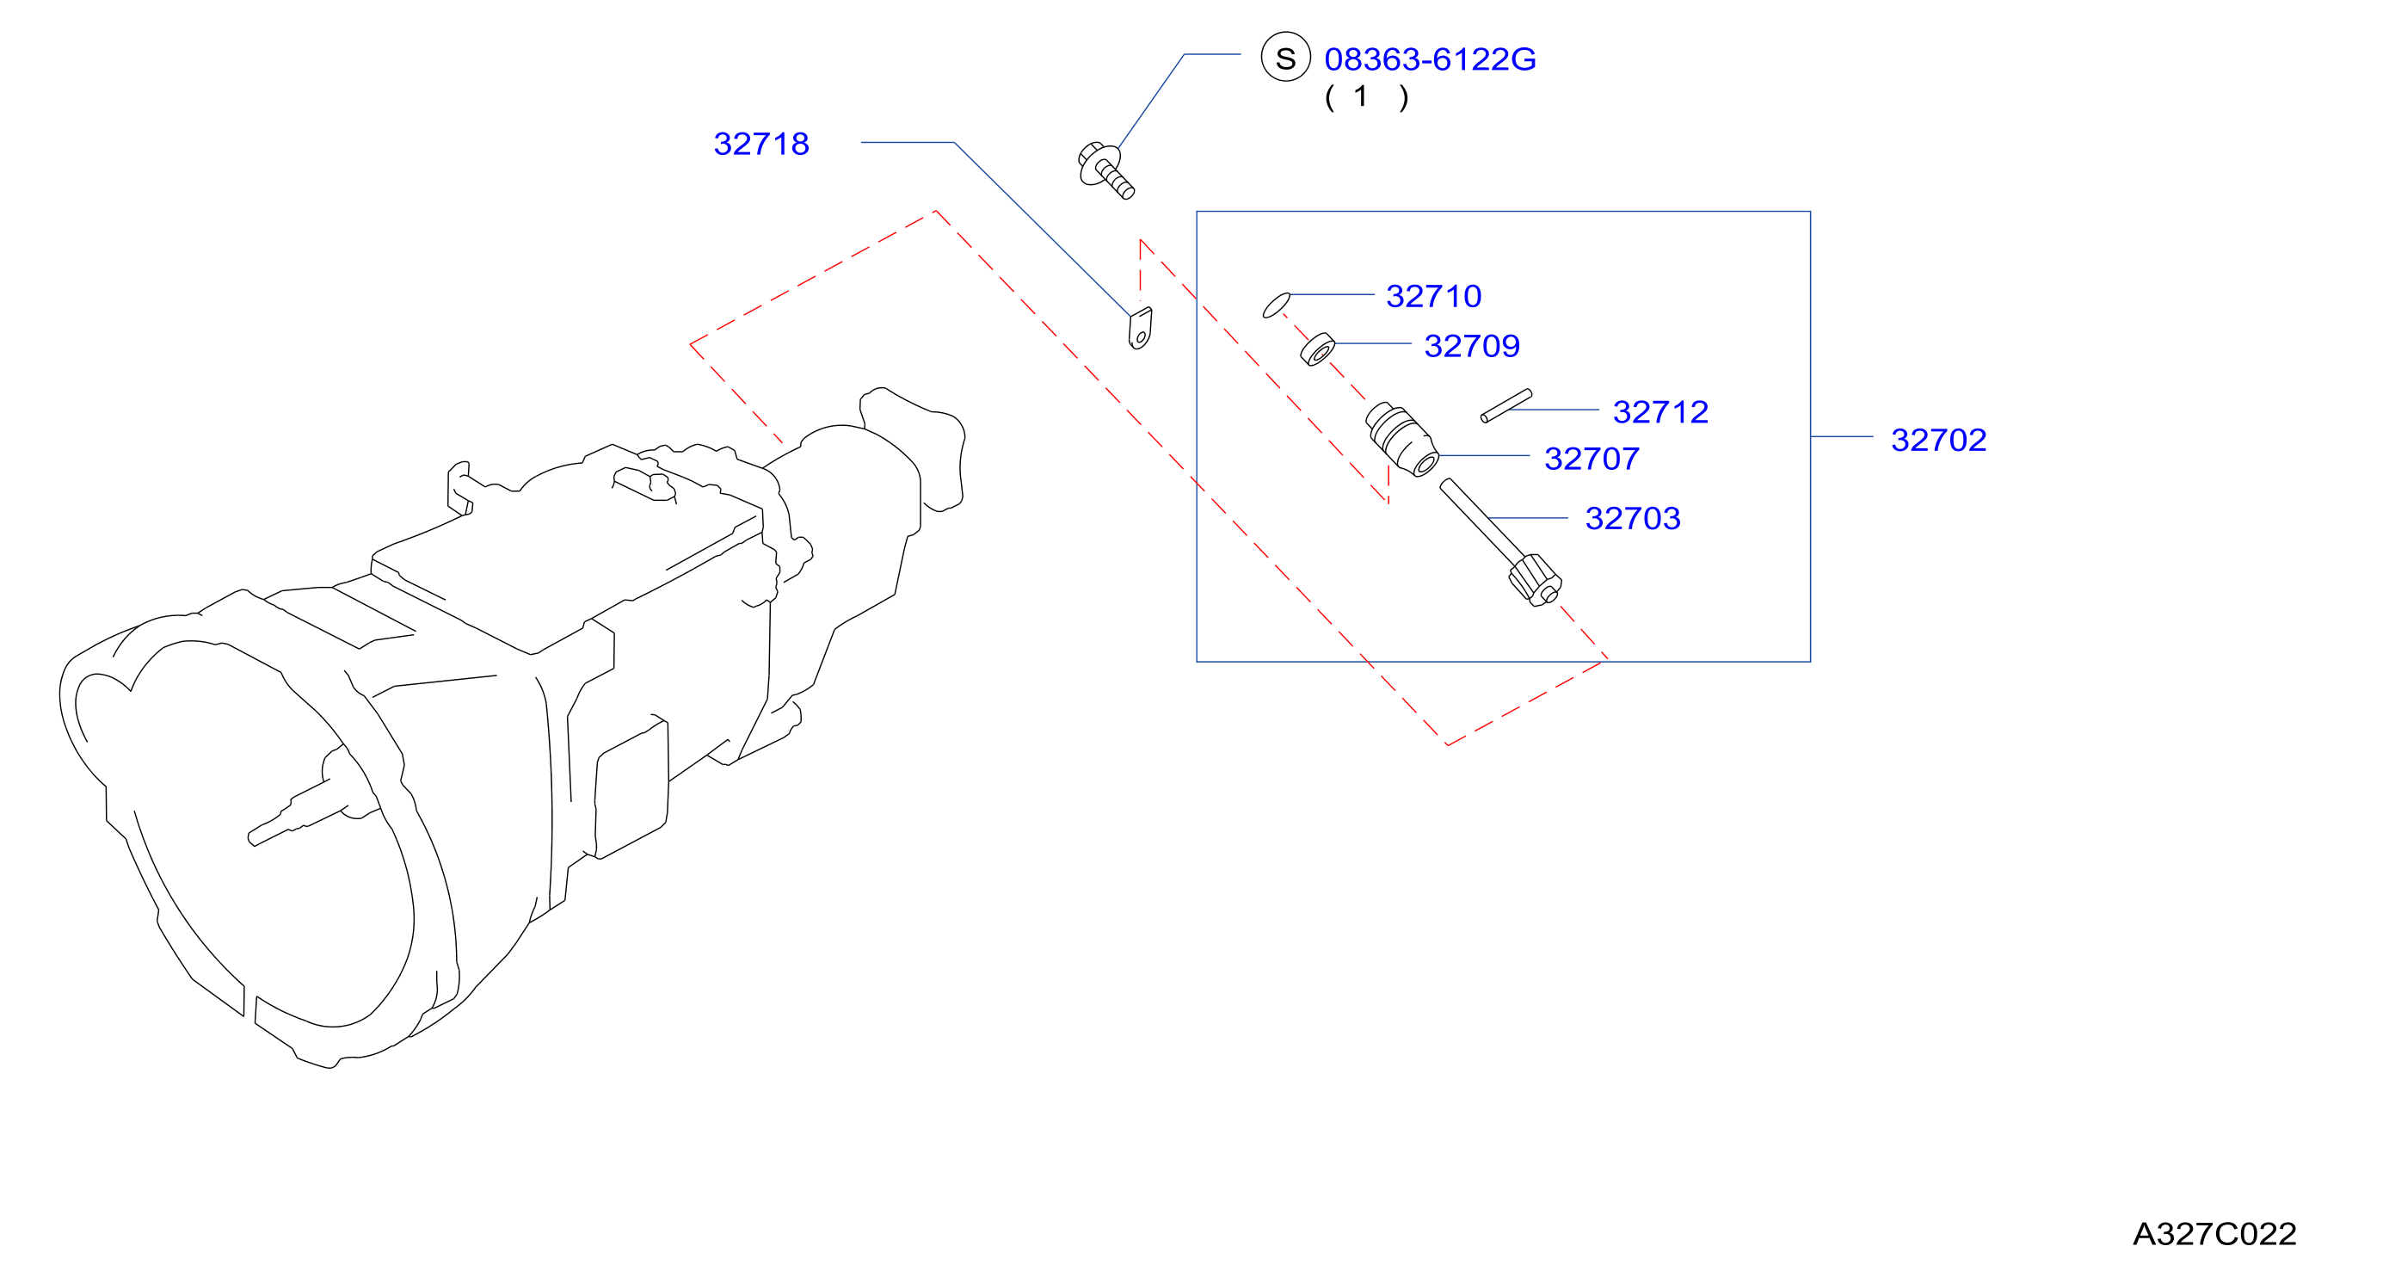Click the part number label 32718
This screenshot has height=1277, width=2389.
point(760,144)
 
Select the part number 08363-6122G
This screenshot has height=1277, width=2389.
point(1429,59)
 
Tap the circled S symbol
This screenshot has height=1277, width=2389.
point(1285,58)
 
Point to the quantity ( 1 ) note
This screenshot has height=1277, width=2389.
point(1366,96)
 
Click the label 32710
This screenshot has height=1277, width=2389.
point(1433,296)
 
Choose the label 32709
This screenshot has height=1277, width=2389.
point(1472,346)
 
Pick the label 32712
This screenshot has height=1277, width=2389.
point(1660,412)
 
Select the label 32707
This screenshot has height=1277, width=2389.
point(1592,458)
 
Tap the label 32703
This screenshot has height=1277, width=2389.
point(1632,518)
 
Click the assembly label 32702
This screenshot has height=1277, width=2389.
point(1938,440)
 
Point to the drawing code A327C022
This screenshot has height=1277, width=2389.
point(2214,1233)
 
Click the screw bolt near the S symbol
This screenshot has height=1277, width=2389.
point(1105,170)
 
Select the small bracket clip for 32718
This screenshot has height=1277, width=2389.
point(1140,329)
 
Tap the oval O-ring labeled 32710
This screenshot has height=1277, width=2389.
point(1276,305)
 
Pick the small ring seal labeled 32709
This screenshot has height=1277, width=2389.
point(1317,349)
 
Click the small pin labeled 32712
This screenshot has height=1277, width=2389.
point(1506,405)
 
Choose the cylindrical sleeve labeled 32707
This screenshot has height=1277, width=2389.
point(1402,440)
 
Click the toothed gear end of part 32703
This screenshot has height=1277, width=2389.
point(1535,580)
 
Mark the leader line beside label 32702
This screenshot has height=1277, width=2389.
point(1842,437)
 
